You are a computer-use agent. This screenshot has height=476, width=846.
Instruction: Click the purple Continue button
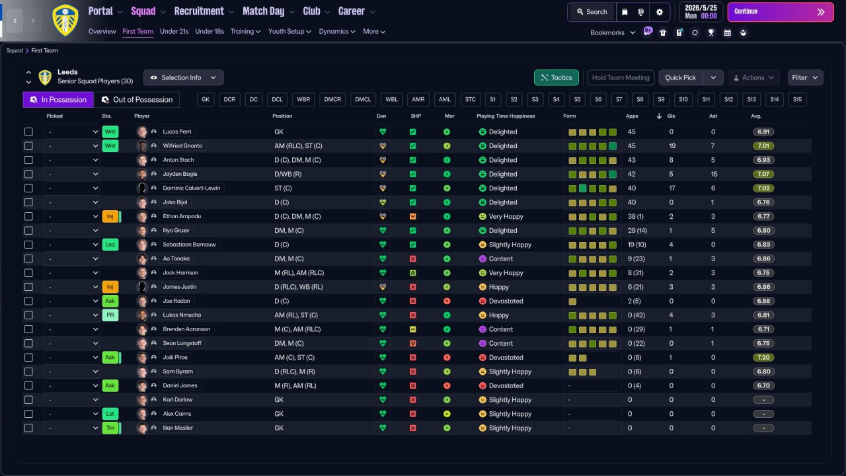[781, 12]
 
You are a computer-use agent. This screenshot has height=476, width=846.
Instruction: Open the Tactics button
[556, 77]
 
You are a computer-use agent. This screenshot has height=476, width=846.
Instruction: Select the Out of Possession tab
[137, 100]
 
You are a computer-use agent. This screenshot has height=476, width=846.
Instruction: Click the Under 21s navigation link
[174, 31]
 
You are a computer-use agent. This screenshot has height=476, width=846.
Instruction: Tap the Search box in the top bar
[592, 12]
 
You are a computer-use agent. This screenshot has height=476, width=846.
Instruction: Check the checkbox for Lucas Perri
[28, 132]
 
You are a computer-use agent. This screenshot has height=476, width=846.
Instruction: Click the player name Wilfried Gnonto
[182, 146]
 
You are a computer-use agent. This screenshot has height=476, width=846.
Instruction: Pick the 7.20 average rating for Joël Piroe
[763, 358]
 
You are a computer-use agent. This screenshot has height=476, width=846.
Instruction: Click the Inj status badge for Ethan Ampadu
[110, 216]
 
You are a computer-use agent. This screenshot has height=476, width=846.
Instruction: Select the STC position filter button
[470, 100]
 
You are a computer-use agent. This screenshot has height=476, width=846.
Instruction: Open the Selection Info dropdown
[183, 77]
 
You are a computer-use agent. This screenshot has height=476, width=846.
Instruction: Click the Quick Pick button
[680, 77]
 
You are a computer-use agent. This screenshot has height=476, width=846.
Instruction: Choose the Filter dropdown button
[805, 77]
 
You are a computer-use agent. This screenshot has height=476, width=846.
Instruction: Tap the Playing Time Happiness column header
[506, 116]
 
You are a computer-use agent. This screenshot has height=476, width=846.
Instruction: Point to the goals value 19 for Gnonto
[672, 146]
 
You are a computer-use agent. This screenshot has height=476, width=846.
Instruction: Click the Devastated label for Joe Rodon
[506, 301]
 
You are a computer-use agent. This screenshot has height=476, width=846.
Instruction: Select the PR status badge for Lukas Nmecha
[110, 315]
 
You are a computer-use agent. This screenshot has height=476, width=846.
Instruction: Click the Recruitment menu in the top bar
[199, 11]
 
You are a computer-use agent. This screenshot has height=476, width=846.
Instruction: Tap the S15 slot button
[797, 100]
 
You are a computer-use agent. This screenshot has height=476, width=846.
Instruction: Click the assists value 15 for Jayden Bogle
[714, 174]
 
